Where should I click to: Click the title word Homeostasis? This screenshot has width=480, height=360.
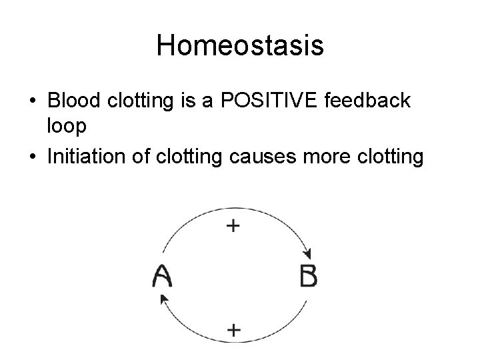tap(240, 46)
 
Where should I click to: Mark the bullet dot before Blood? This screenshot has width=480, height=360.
tap(32, 101)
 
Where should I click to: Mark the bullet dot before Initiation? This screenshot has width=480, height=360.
tap(32, 157)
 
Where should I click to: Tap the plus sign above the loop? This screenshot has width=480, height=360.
tap(233, 226)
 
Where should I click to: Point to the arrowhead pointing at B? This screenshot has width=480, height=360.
tap(307, 254)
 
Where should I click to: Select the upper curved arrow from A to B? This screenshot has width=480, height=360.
tap(200, 215)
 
